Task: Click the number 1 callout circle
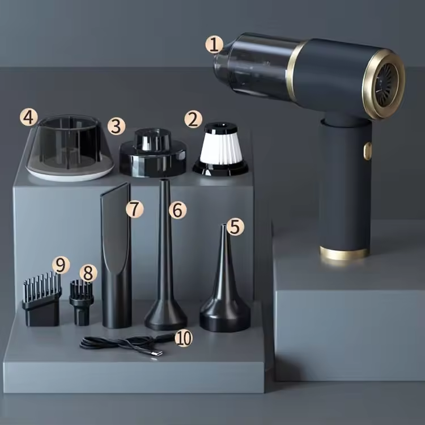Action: (214, 44)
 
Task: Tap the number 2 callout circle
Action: (193, 118)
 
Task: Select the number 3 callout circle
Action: (116, 125)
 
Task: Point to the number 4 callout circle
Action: (29, 117)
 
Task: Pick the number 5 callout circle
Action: (235, 227)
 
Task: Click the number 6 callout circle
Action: (177, 210)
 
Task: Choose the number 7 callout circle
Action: (134, 209)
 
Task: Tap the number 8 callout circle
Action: (88, 273)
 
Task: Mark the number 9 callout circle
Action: (61, 264)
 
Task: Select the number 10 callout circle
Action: (183, 338)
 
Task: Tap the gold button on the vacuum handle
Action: (368, 151)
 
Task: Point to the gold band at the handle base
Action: (344, 253)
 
